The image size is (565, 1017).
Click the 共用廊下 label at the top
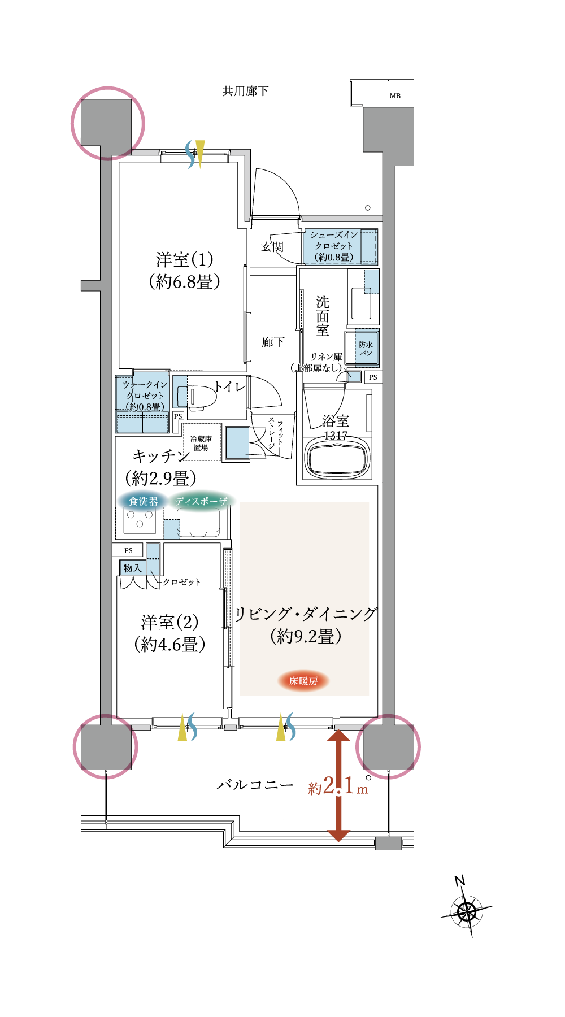245,91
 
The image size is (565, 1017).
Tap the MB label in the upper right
395,96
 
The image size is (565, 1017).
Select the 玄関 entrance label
272,247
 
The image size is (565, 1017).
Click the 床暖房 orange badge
303,681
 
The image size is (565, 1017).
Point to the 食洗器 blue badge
143,501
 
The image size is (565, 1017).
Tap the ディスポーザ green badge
201,501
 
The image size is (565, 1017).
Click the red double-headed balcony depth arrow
338,785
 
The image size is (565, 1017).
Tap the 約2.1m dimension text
338,786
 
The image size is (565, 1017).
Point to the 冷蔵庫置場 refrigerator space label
201,443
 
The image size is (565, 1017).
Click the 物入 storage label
132,568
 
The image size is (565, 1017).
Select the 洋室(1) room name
185,260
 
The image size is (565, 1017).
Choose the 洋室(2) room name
170,623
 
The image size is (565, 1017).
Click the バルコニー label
255,785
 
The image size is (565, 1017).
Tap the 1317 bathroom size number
336,436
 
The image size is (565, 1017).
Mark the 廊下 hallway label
273,342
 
